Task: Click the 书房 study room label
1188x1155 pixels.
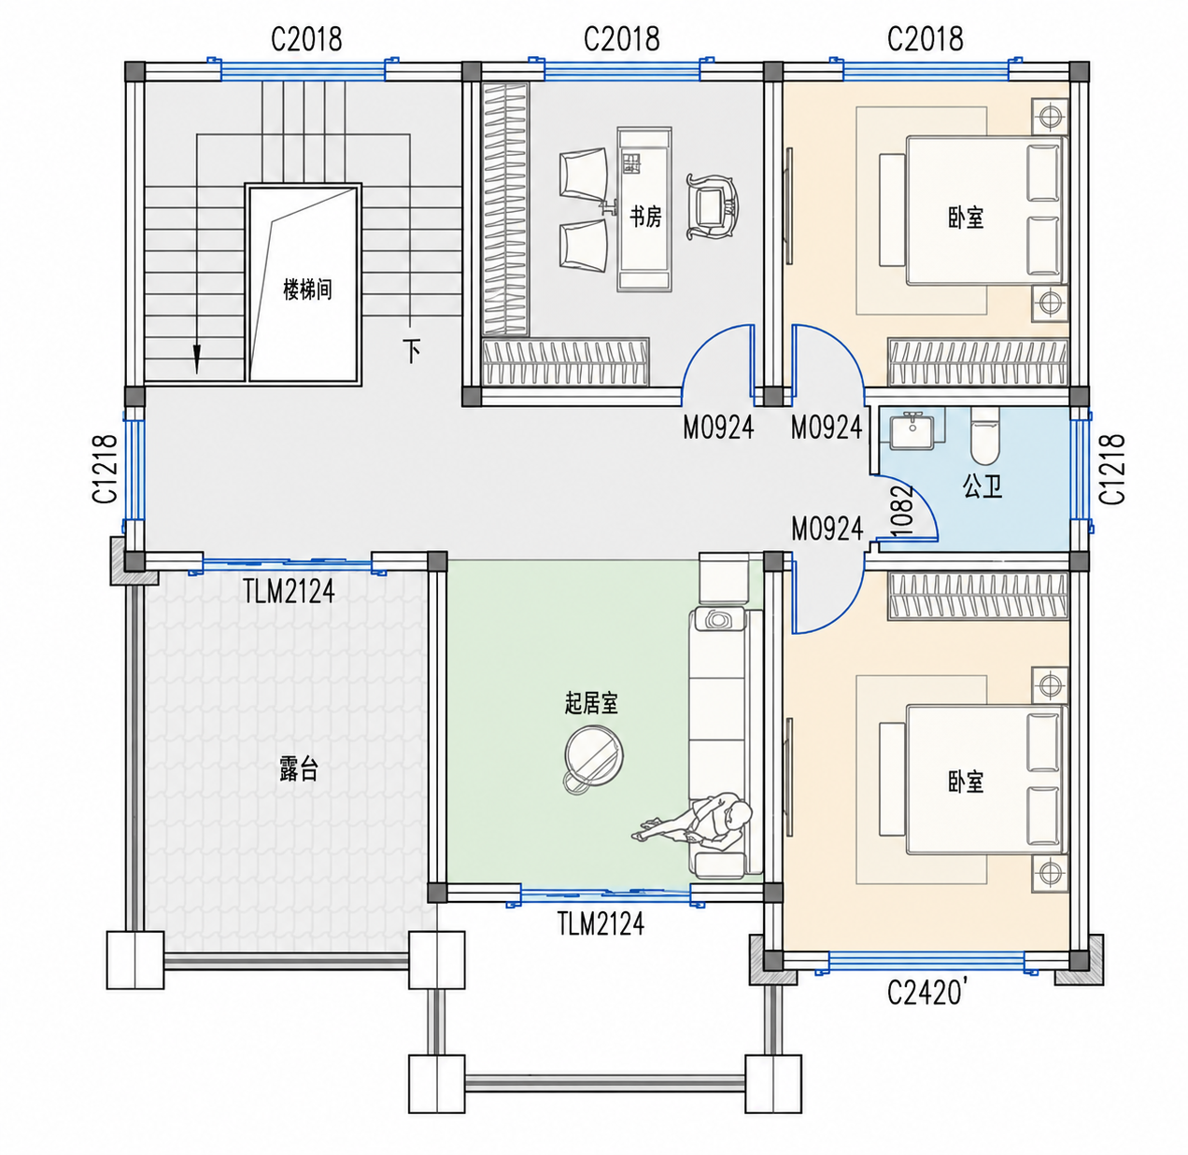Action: (x=645, y=217)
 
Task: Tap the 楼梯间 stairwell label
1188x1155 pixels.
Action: (x=307, y=289)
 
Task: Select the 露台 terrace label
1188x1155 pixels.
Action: (x=299, y=768)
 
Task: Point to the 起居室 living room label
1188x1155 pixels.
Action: (x=591, y=703)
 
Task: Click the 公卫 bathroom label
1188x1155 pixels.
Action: (x=983, y=487)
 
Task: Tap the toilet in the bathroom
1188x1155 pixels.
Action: (x=984, y=436)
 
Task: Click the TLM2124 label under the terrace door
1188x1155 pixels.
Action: (x=289, y=591)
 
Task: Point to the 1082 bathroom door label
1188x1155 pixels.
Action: (x=902, y=511)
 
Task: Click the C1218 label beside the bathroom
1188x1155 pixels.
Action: (x=1112, y=469)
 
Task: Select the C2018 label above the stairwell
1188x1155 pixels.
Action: (x=306, y=39)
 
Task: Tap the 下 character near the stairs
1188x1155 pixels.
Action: (x=412, y=351)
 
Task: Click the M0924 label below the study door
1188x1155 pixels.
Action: (x=718, y=428)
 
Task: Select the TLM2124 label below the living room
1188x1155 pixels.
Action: (x=601, y=923)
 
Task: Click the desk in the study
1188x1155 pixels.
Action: (x=644, y=209)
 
